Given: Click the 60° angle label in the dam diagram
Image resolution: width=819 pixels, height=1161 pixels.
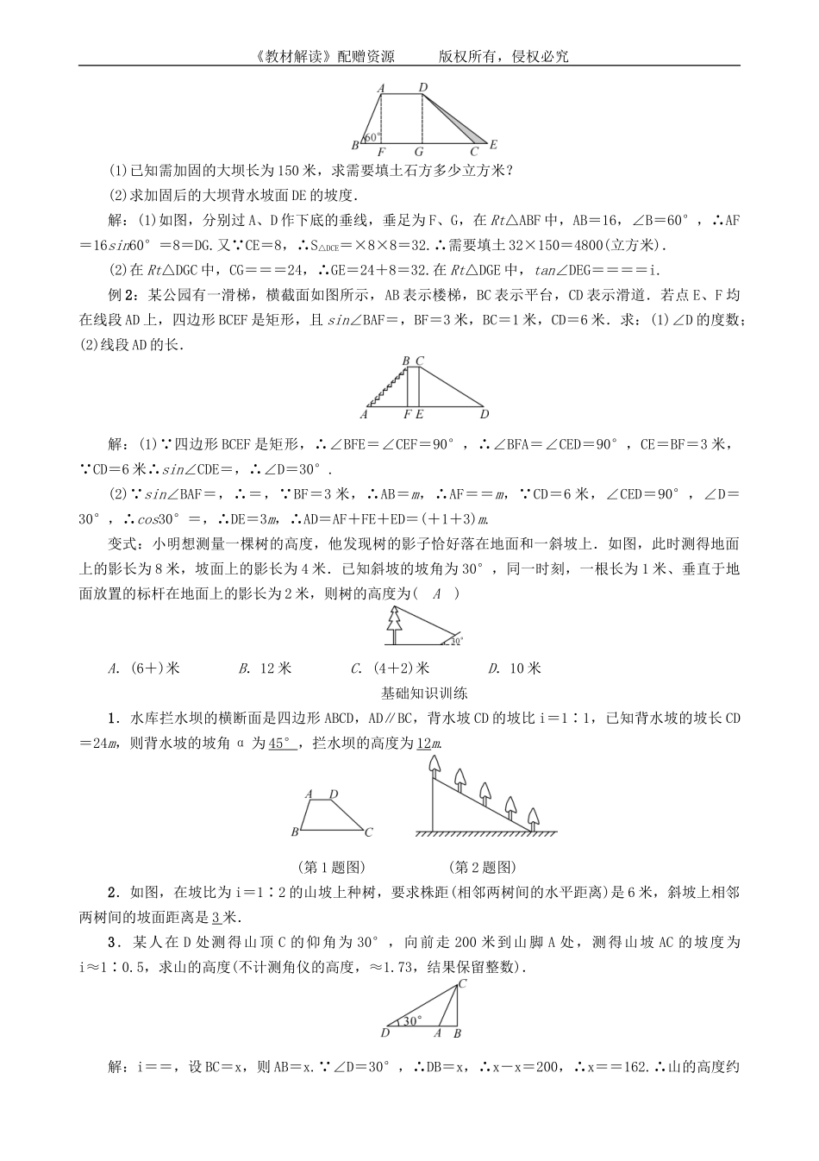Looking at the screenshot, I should click(372, 137).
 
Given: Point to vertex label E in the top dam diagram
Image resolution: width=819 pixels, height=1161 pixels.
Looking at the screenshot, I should click(494, 145).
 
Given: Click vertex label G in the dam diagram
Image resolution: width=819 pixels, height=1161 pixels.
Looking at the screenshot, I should click(420, 152).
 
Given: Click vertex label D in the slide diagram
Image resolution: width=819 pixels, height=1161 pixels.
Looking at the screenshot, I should click(485, 414).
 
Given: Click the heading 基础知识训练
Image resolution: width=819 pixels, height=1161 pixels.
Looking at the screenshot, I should click(424, 693).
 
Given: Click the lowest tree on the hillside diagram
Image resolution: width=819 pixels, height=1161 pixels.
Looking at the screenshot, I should click(534, 816).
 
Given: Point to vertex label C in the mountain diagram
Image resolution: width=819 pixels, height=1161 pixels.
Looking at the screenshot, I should click(463, 983).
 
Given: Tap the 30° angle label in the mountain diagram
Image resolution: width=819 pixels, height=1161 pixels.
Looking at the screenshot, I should click(414, 1020).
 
